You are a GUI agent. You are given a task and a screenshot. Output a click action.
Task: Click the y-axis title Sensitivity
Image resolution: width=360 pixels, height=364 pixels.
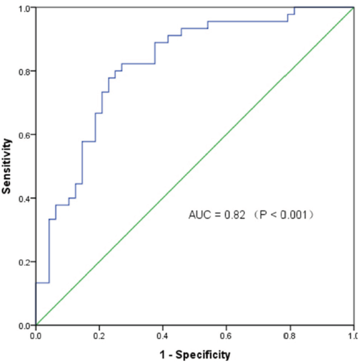pyautogui.click(x=7, y=166)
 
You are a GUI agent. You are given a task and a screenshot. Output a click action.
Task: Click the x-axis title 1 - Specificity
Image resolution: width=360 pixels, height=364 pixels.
pyautogui.click(x=194, y=354)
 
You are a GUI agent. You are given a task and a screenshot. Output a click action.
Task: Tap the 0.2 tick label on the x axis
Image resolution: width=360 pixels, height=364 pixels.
pyautogui.click(x=99, y=335)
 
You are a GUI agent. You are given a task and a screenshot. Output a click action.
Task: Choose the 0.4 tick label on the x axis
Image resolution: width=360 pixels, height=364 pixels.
pyautogui.click(x=163, y=335)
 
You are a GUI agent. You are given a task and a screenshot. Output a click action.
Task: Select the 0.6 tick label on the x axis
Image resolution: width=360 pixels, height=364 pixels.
pyautogui.click(x=226, y=335)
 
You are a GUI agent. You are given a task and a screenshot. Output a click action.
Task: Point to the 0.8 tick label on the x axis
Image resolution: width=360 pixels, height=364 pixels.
pyautogui.click(x=290, y=335)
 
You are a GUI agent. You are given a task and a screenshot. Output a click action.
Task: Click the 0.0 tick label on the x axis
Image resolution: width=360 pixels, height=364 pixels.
pyautogui.click(x=36, y=335)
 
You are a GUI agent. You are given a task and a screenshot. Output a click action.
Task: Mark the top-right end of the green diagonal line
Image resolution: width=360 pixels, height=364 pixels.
pyautogui.click(x=353, y=8)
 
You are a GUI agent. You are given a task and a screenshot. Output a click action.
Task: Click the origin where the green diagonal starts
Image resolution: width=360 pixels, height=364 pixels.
pyautogui.click(x=36, y=325)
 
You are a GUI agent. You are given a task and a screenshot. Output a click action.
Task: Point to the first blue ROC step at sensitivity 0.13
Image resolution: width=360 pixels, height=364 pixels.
pyautogui.click(x=43, y=282)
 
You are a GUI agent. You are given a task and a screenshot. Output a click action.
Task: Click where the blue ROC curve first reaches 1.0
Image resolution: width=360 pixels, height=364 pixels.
pyautogui.click(x=295, y=8)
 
